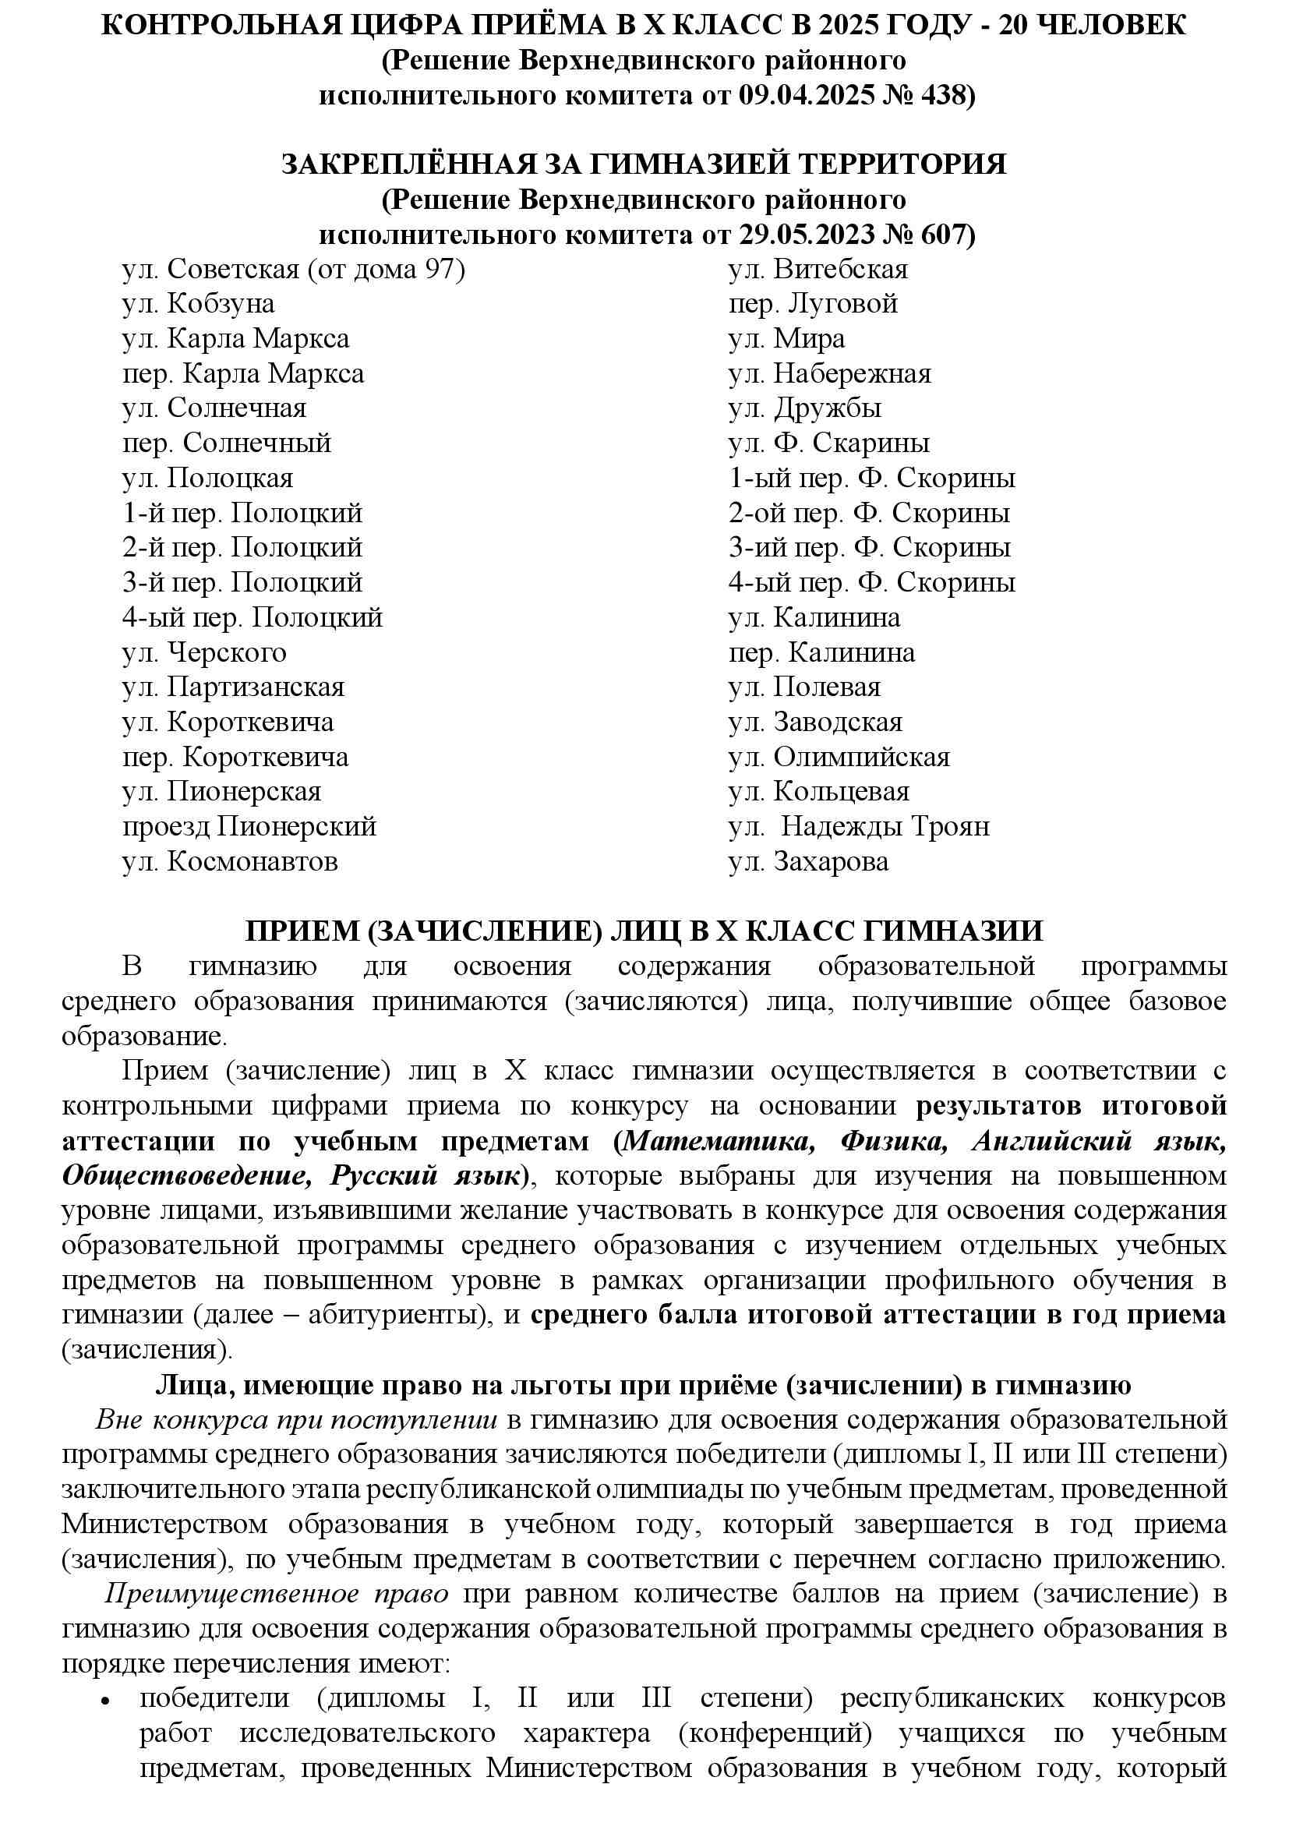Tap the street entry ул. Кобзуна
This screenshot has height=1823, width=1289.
(x=199, y=304)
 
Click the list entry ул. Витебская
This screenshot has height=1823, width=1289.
(x=818, y=270)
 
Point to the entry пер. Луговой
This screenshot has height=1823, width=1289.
(x=812, y=304)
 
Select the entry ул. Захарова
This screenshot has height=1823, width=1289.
(x=808, y=862)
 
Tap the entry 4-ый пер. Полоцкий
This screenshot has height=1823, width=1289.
(x=252, y=618)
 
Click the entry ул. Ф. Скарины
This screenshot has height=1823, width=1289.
(x=828, y=443)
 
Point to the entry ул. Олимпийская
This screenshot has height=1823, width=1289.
(x=839, y=758)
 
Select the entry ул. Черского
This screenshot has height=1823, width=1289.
(x=204, y=652)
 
